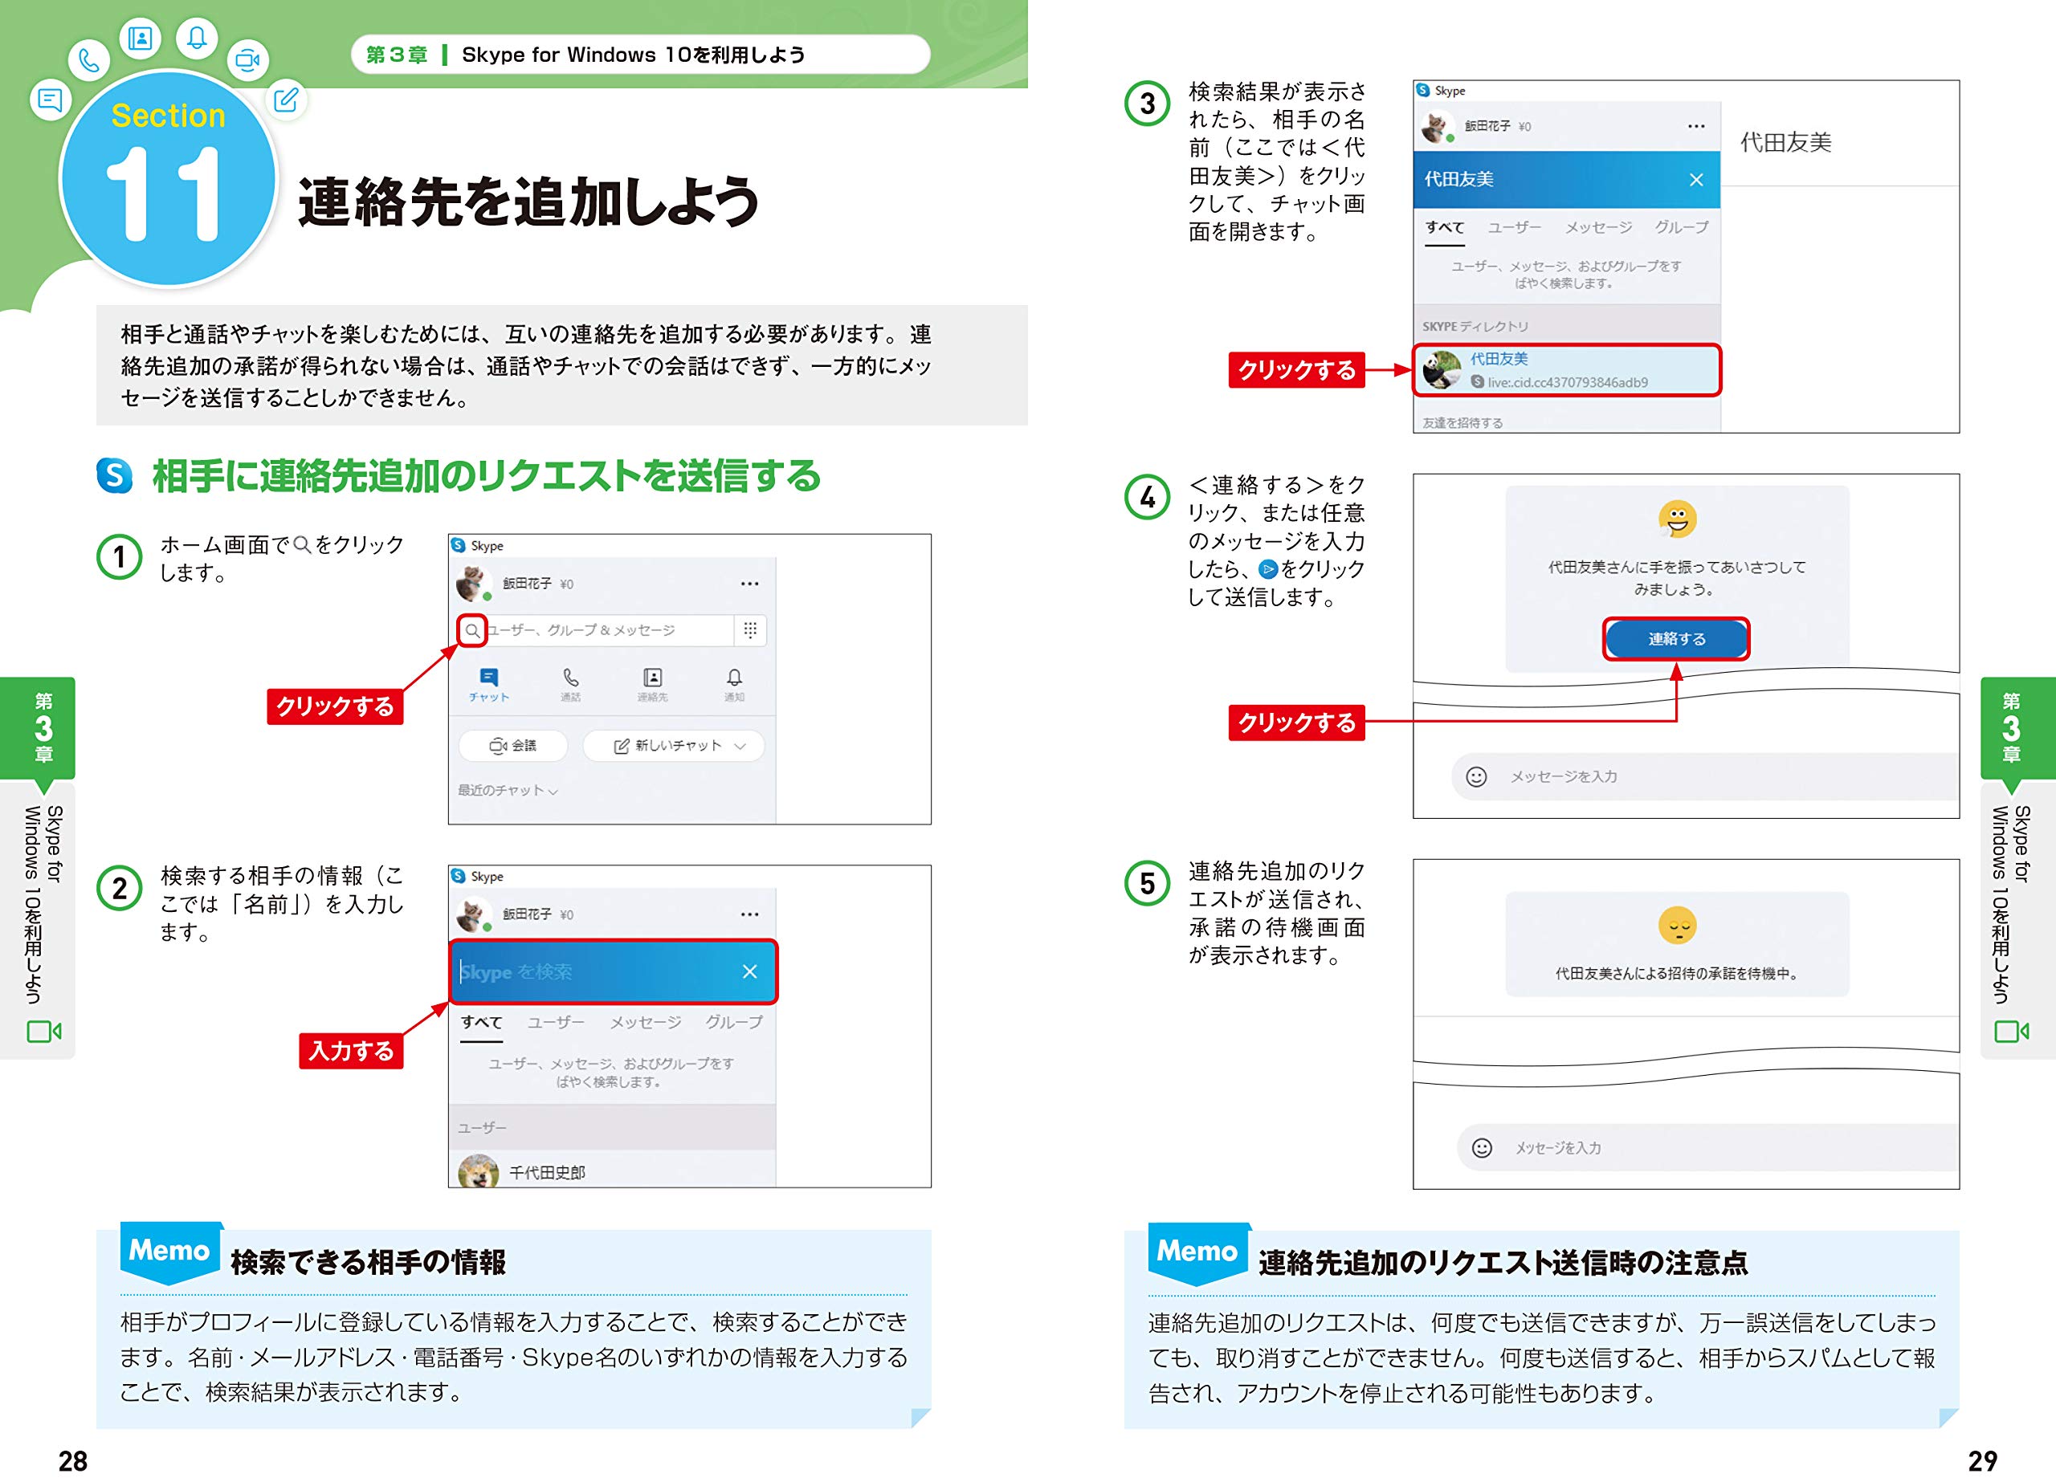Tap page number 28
(73, 1460)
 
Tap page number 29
(1983, 1460)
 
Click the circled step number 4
(1147, 497)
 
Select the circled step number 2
(119, 888)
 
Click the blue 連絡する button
(1676, 639)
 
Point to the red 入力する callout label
(351, 1051)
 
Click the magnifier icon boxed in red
(472, 630)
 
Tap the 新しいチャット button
(674, 745)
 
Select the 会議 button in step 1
(513, 745)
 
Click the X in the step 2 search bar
(749, 971)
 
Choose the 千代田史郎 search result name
(547, 1172)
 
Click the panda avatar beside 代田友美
(1442, 370)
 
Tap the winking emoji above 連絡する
(1677, 519)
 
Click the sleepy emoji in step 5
(1677, 926)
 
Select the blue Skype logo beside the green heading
(114, 476)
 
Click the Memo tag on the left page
(170, 1251)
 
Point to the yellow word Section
(169, 115)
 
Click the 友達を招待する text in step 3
(1462, 422)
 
